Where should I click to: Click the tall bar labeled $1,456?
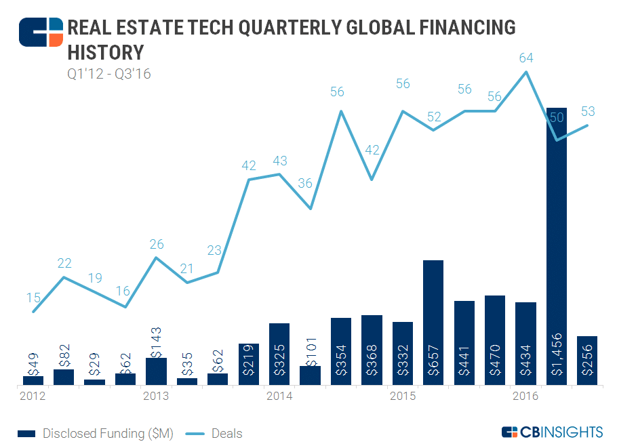[557, 244]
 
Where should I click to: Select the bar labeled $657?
[433, 322]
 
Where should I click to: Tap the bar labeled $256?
[587, 361]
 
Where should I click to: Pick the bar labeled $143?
[157, 371]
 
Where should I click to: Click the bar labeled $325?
[279, 354]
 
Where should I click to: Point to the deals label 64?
[526, 58]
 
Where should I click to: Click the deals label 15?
[33, 297]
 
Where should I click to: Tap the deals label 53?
[587, 111]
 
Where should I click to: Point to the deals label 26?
[157, 244]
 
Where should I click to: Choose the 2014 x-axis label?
[279, 396]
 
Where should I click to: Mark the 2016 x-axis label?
[526, 396]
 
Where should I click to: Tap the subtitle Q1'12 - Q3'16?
[108, 73]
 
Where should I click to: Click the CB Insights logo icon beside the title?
[41, 32]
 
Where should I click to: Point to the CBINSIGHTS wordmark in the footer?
[553, 432]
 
